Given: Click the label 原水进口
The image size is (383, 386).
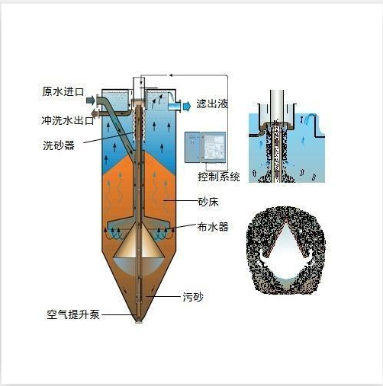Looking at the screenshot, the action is [x=63, y=91].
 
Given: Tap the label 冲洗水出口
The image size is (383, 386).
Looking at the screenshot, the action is [x=68, y=120].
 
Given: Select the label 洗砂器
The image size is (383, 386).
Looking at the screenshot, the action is [x=59, y=145].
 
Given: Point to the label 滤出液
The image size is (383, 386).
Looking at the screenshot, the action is [x=212, y=104].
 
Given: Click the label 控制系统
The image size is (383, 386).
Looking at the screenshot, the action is [x=219, y=177].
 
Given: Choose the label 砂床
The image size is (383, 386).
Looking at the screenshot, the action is [x=208, y=202].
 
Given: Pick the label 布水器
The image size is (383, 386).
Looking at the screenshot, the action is [x=213, y=227].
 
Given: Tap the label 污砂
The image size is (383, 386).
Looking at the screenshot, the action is [x=193, y=297].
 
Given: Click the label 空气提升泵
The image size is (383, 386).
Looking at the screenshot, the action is [x=73, y=314].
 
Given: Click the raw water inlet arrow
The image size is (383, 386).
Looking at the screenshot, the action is [x=91, y=100].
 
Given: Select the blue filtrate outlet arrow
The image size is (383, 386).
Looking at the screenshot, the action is [x=187, y=106].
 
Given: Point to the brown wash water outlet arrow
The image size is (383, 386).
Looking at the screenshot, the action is [x=95, y=113].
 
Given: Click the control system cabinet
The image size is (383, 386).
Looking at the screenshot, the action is [x=205, y=147].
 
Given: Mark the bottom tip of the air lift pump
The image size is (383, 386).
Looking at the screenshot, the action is [x=139, y=322].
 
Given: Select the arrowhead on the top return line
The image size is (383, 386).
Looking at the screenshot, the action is [x=171, y=75].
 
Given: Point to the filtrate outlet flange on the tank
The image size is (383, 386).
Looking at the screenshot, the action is [x=179, y=106].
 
